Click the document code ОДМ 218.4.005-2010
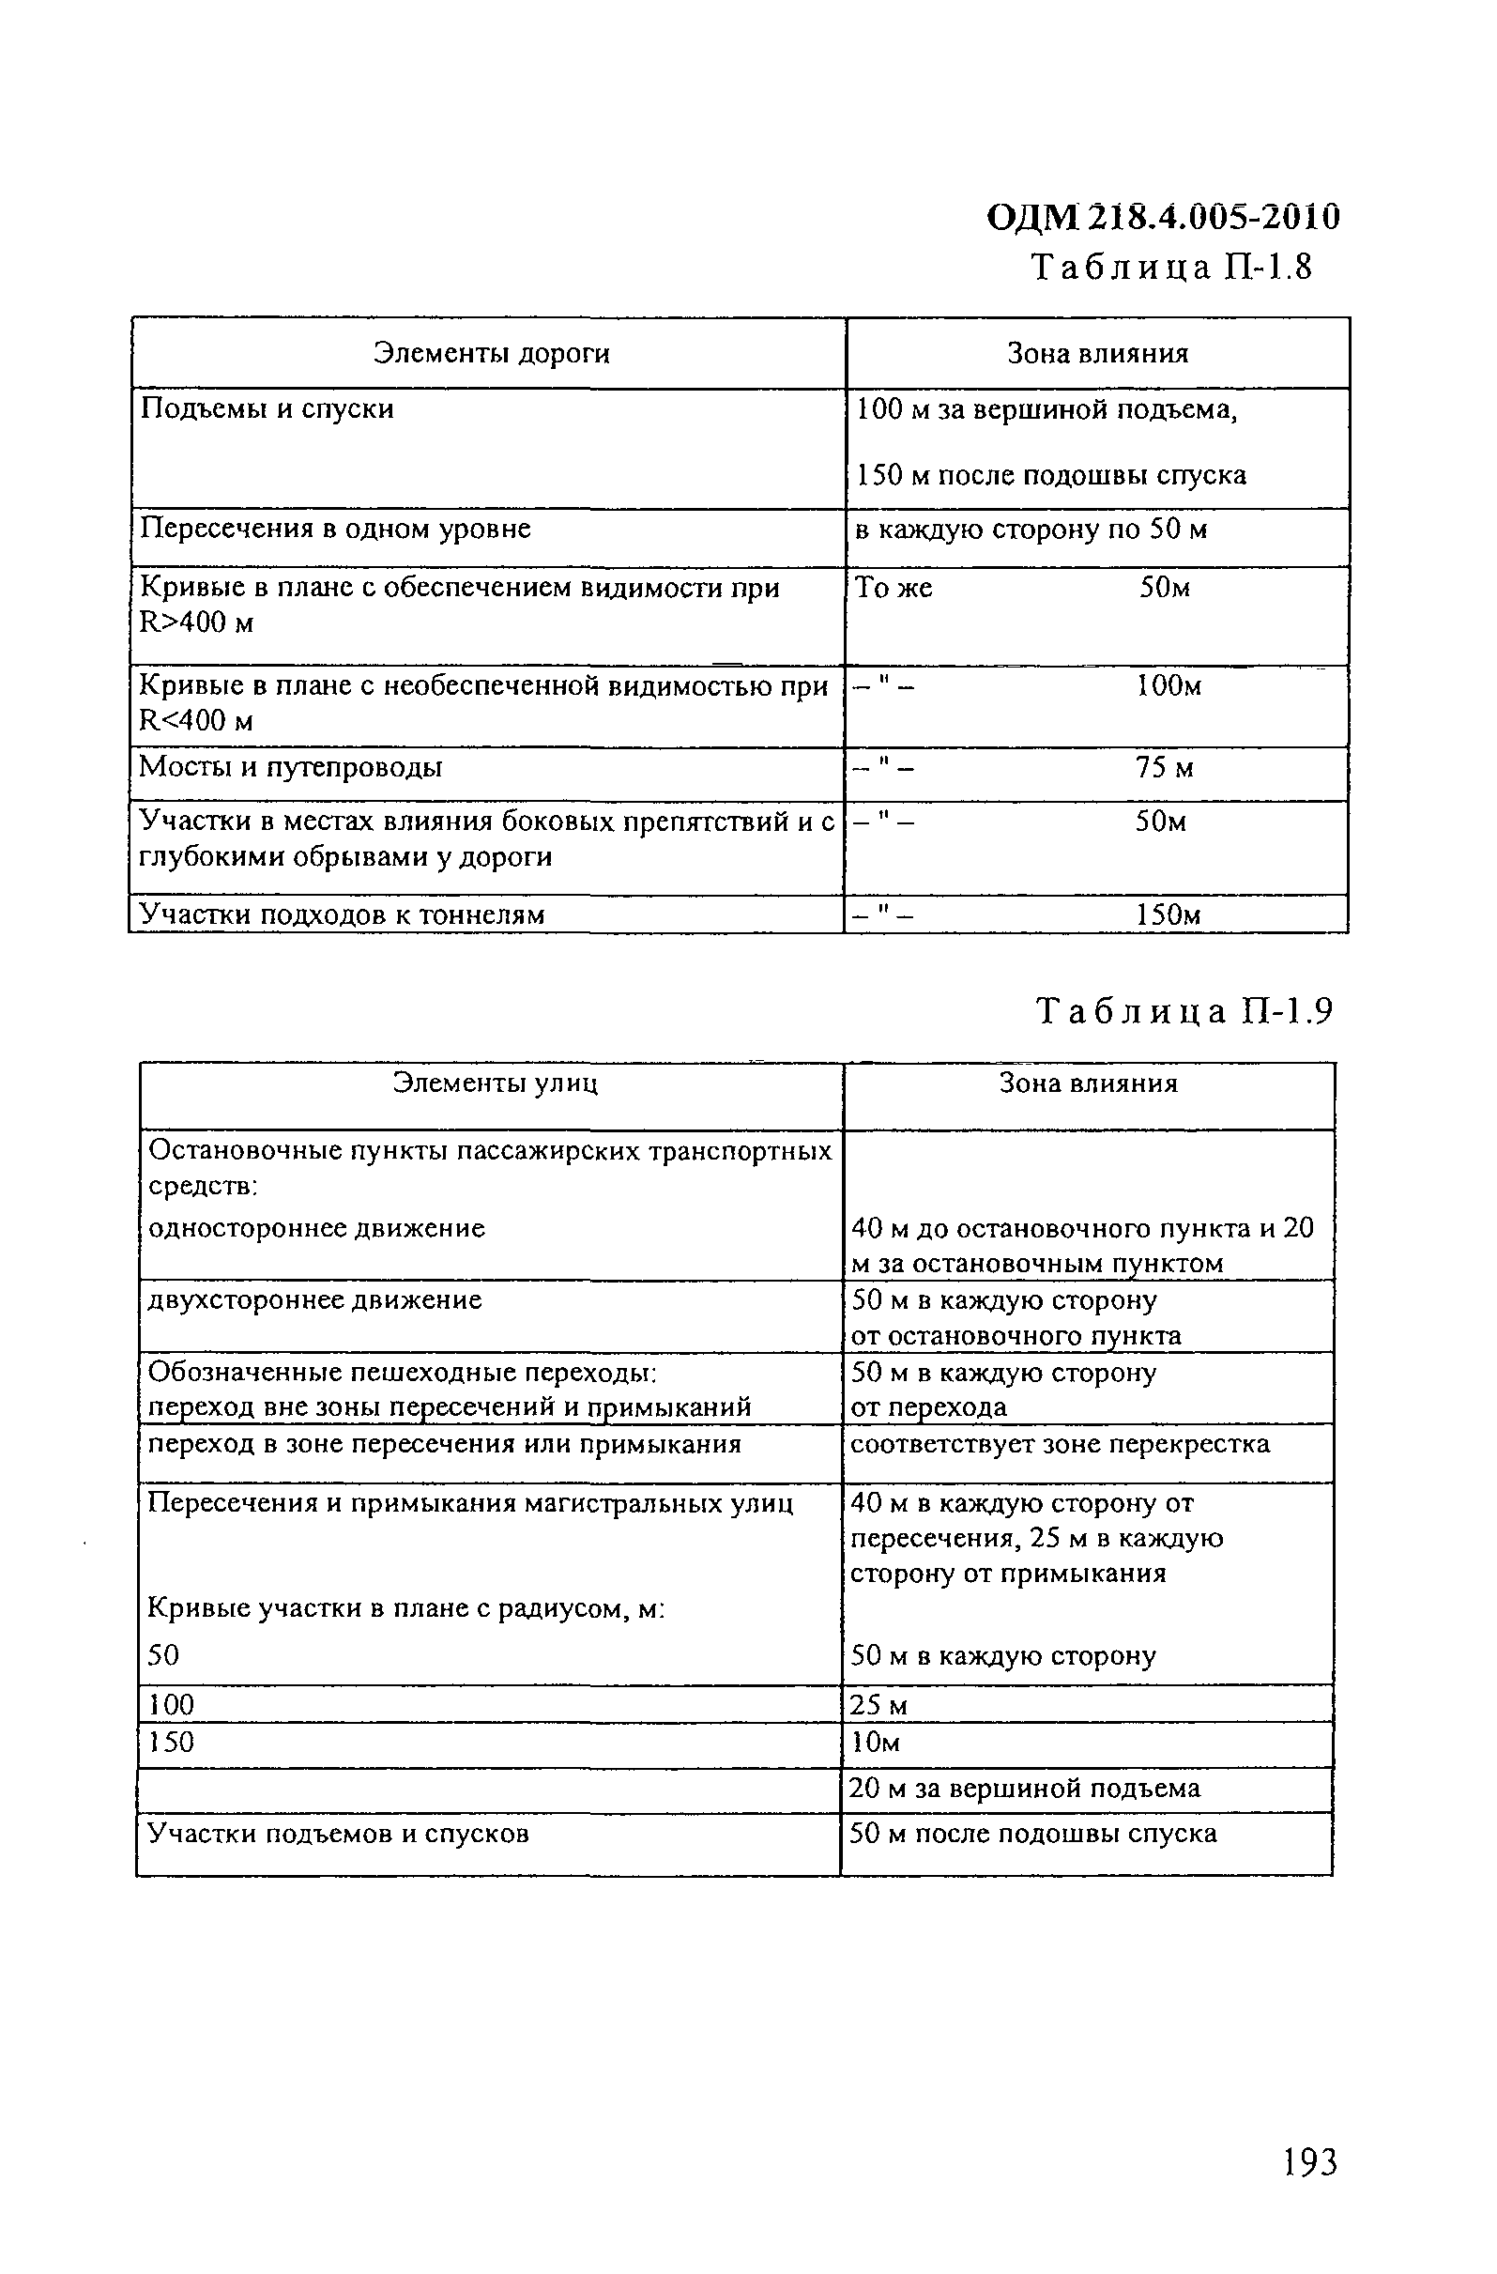(x=1163, y=218)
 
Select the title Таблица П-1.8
(x=1171, y=268)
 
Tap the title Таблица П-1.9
(x=1184, y=1011)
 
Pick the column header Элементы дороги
(x=491, y=354)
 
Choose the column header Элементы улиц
(x=495, y=1083)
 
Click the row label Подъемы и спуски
(x=267, y=409)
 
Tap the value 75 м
(x=1164, y=767)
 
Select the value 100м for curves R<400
(x=1168, y=685)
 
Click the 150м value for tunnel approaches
(x=1168, y=915)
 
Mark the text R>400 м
(x=196, y=623)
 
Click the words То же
(x=894, y=588)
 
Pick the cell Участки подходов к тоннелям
(x=342, y=914)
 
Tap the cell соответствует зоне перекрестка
(x=1060, y=1444)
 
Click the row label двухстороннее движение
(x=314, y=1299)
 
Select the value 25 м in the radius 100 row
(x=878, y=1705)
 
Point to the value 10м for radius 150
(x=875, y=1743)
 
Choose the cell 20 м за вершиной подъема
(x=1024, y=1789)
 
